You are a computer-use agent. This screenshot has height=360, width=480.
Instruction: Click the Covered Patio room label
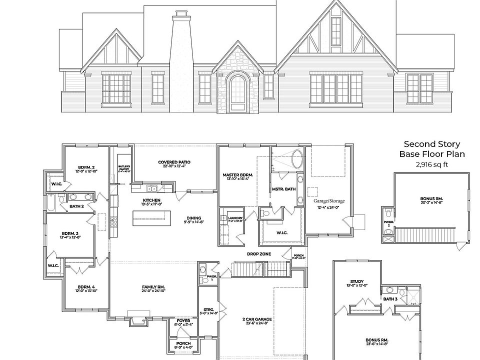(x=174, y=162)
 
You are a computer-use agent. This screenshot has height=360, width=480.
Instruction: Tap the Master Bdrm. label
(x=237, y=175)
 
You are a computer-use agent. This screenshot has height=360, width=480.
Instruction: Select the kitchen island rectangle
(x=151, y=217)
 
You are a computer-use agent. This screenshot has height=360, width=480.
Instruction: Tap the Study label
(x=357, y=281)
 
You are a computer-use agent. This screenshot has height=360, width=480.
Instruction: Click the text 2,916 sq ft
(x=431, y=164)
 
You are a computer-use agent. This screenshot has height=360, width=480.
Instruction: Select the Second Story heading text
(x=431, y=144)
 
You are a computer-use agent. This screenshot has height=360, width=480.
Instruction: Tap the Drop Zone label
(x=259, y=253)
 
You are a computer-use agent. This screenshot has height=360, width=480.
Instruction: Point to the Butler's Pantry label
(x=124, y=167)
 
